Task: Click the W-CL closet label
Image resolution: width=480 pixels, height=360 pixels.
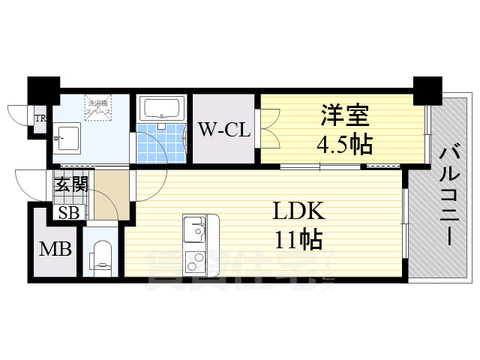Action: pos(223,129)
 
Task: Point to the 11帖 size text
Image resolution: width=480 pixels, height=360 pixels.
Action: pos(299,240)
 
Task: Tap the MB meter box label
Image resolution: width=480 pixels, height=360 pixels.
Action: pos(56,247)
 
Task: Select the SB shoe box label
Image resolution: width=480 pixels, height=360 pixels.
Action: pos(69,212)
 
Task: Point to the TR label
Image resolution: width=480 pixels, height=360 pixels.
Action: pos(40,118)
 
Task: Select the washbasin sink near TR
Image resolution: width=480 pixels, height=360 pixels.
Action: pos(68,136)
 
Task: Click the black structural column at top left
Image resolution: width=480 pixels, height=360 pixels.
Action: pos(43,90)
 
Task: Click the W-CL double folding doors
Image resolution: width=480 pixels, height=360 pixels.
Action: pos(268,128)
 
